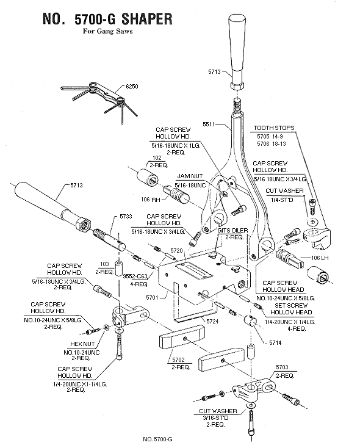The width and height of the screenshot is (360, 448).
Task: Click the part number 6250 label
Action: tap(132, 86)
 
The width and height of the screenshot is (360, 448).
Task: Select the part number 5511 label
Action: tap(209, 125)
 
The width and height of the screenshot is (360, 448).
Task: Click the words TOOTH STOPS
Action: tap(274, 128)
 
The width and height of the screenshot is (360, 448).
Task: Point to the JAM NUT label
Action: tap(190, 176)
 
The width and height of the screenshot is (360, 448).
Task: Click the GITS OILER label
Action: tap(232, 231)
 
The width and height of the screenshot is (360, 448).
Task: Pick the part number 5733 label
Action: tap(126, 217)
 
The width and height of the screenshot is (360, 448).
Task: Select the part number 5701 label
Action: tap(152, 298)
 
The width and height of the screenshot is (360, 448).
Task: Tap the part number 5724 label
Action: tap(212, 322)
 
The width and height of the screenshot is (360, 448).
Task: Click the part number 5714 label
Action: tap(275, 343)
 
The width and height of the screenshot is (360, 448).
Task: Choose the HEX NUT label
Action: tap(82, 344)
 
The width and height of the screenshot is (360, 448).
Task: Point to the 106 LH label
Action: tap(320, 258)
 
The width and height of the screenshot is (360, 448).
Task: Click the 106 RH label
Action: tap(151, 200)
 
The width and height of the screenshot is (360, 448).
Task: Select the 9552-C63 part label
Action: tap(135, 276)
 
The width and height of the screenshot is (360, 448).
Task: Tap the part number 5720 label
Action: tap(176, 251)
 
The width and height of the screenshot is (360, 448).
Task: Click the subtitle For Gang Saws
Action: tap(108, 31)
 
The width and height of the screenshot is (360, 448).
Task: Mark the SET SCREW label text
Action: tap(291, 305)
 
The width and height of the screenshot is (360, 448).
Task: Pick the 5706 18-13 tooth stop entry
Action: tap(271, 143)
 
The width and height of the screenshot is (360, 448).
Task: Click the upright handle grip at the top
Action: tap(237, 52)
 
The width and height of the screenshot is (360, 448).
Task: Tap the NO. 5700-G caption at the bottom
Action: tap(157, 439)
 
